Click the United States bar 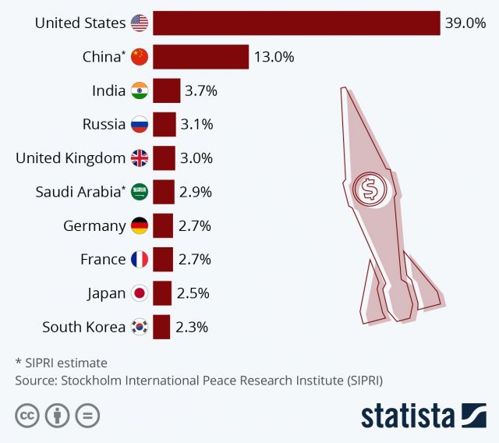click(296, 23)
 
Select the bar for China click(200, 57)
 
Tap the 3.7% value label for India click(200, 90)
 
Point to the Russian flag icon click(139, 124)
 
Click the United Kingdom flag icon click(139, 158)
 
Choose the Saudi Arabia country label click(80, 192)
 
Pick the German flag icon click(139, 226)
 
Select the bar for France click(162, 260)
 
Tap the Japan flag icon click(139, 293)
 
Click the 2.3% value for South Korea click(191, 328)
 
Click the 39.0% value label click(465, 23)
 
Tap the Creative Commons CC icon click(27, 416)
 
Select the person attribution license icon click(57, 416)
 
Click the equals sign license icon click(87, 416)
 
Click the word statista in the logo click(407, 416)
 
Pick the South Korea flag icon click(139, 328)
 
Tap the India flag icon click(139, 90)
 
